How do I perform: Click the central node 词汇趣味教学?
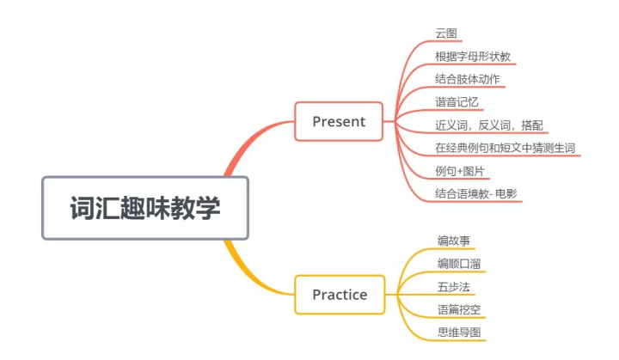144,208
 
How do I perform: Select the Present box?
339,121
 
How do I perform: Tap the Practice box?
340,295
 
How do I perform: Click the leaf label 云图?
446,34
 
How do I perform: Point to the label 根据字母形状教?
475,57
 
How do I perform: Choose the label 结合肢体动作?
468,79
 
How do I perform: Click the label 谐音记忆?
456,101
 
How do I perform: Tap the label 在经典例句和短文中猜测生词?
505,147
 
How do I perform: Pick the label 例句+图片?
460,170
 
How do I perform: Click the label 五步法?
453,286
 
